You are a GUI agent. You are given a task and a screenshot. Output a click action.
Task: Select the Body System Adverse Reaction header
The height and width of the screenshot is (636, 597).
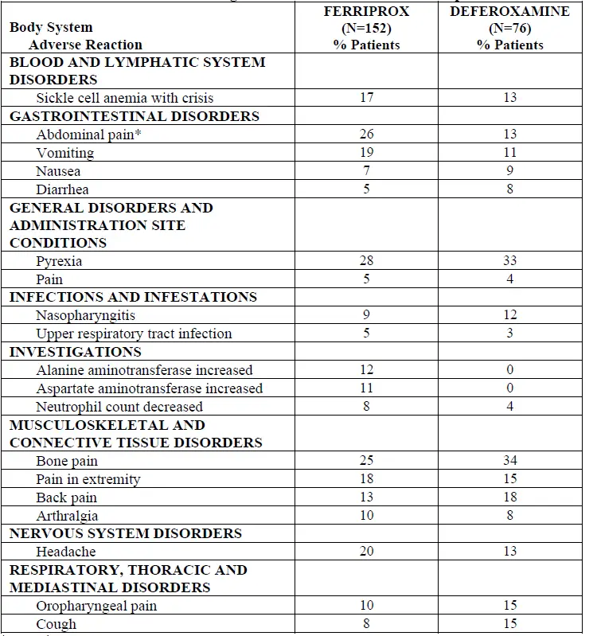tap(76, 36)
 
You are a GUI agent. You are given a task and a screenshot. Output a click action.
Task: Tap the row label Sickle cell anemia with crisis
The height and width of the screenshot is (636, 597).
tap(125, 98)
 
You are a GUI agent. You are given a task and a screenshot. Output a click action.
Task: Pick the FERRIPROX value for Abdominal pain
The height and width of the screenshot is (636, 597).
tap(366, 135)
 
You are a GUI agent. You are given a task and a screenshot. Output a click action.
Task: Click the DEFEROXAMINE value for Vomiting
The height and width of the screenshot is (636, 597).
tap(510, 153)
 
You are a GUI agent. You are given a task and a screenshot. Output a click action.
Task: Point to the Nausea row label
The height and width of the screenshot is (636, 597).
tap(58, 171)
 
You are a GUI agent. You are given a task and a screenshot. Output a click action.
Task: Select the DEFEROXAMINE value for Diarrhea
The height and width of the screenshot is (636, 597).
tap(510, 189)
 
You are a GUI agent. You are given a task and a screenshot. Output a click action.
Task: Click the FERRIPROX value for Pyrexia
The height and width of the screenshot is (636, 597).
tap(366, 261)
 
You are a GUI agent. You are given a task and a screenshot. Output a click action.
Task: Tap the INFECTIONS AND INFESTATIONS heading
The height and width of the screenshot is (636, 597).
tap(133, 297)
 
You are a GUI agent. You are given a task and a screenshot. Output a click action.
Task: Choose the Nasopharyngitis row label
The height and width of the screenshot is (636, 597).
tap(86, 316)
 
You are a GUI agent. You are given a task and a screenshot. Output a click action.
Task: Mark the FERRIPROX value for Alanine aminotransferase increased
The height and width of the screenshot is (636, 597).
tap(366, 370)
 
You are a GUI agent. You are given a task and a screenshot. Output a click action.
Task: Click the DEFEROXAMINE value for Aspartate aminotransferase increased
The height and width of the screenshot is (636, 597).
tap(510, 388)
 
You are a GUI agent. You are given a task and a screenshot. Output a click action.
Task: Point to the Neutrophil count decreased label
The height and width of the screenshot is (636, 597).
tap(119, 407)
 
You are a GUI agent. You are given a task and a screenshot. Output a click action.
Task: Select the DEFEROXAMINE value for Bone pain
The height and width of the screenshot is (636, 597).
tap(510, 461)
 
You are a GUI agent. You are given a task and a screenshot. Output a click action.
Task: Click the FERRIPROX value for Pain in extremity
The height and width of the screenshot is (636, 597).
tap(366, 479)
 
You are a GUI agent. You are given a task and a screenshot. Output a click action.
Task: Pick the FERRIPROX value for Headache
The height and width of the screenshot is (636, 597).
tap(366, 552)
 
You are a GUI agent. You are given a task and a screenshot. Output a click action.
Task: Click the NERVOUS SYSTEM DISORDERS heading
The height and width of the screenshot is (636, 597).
tap(126, 533)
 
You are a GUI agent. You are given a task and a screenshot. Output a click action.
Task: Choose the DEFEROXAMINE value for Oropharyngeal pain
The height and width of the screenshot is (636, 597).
tap(510, 606)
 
